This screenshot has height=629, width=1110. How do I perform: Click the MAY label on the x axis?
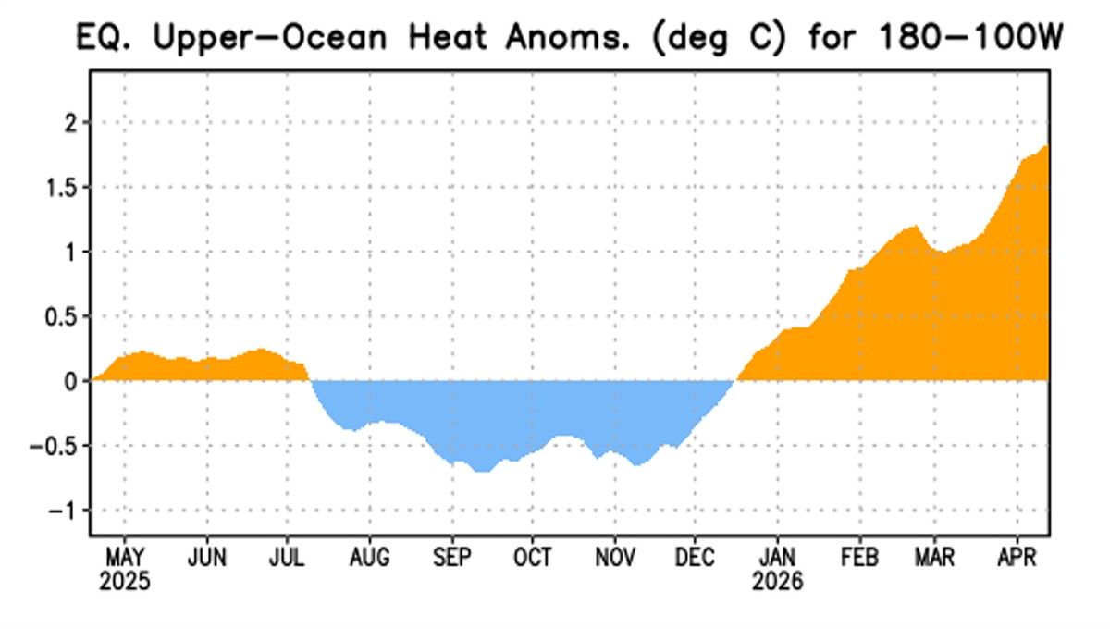125,558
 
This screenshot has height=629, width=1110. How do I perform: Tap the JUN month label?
206,558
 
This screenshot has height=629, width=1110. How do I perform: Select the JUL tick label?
288,558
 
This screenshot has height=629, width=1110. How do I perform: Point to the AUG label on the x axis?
369,558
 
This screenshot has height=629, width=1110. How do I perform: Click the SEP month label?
451,558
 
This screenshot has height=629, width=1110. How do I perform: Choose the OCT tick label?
533,558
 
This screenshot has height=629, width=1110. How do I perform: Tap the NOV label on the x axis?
614,558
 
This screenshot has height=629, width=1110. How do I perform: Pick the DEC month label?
696,558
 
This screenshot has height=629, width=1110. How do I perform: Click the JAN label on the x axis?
778,558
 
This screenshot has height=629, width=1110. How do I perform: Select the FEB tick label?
859,558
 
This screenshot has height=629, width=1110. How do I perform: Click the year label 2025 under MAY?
125,583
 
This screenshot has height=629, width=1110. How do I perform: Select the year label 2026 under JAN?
778,583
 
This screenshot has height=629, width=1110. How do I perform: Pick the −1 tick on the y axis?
62,511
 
